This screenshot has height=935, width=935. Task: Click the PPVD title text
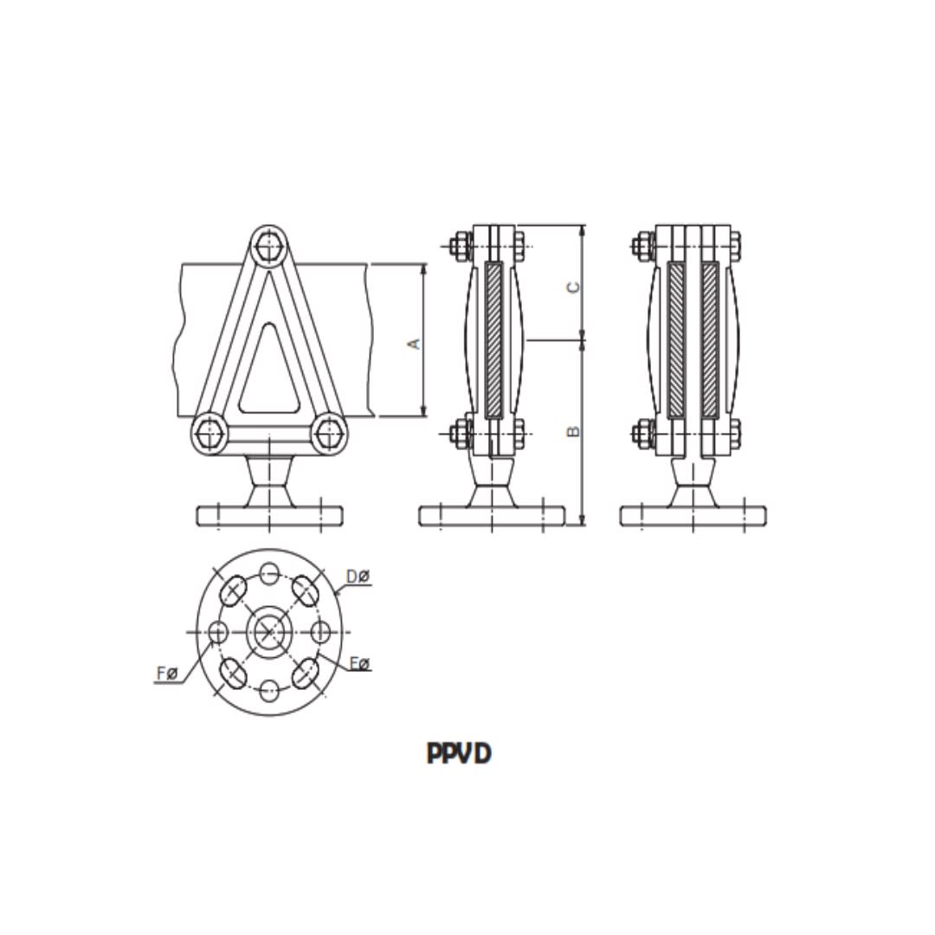pos(459,753)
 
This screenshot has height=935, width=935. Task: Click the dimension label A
pos(415,343)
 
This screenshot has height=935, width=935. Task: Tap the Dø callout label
pos(358,577)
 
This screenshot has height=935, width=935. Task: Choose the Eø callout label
pos(359,664)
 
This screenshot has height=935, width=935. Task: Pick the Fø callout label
pos(167,673)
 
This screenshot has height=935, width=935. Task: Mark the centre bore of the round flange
pos(269,632)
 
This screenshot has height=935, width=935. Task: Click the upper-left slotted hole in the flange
pos(232,592)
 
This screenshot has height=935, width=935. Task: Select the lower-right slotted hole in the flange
pos(306,672)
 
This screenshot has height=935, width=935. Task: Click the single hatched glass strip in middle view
pos(494,340)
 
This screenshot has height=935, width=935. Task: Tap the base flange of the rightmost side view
pos(694,516)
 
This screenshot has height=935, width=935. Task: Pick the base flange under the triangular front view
pos(269,516)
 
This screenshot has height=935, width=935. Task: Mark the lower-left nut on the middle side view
pos(459,433)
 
